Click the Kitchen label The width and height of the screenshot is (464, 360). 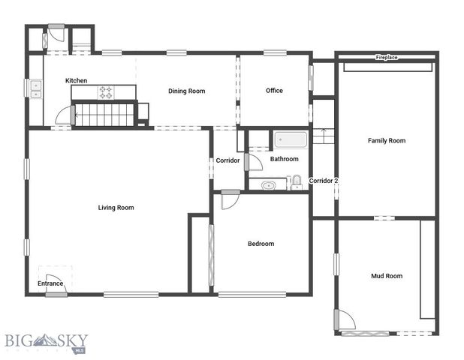(x=76, y=80)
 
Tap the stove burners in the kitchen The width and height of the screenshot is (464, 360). (x=106, y=93)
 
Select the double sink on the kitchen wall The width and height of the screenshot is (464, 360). (x=35, y=88)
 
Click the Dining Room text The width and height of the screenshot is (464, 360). (x=186, y=91)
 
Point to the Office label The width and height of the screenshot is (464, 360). (x=274, y=91)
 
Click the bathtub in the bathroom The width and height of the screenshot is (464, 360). (x=291, y=140)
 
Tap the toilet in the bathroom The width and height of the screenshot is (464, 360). (x=297, y=181)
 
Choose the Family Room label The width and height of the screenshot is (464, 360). (x=386, y=140)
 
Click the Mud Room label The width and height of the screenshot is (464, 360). (x=387, y=276)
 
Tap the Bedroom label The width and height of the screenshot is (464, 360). (x=261, y=244)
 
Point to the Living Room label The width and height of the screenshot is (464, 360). (x=116, y=208)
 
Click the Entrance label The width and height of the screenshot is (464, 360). (x=50, y=283)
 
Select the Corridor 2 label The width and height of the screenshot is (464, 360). (x=324, y=181)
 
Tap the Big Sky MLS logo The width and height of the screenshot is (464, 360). (x=47, y=342)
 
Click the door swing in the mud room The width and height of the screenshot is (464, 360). (x=345, y=320)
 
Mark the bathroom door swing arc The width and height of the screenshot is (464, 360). (x=254, y=163)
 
